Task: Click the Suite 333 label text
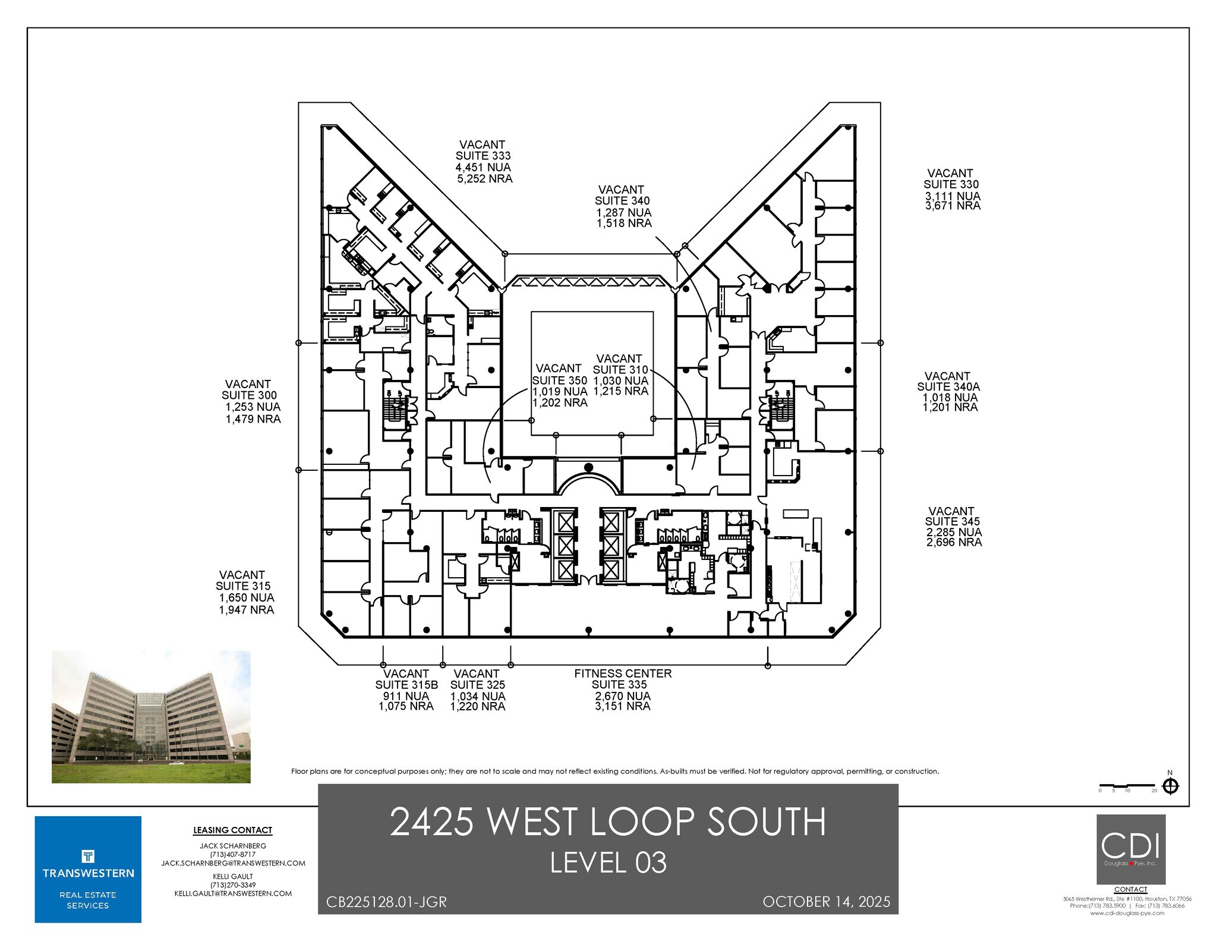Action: (x=483, y=156)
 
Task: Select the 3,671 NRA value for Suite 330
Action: (x=953, y=206)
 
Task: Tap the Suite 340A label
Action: (x=948, y=387)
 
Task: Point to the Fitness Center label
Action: (x=622, y=674)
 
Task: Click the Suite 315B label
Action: (x=406, y=685)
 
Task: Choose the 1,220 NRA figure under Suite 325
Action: (x=477, y=707)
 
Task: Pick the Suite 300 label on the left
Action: (x=249, y=395)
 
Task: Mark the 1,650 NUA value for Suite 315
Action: (x=246, y=598)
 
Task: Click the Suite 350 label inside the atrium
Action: (x=559, y=380)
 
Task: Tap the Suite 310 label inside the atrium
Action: (x=620, y=370)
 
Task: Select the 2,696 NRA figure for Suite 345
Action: (x=954, y=542)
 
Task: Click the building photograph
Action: (x=151, y=716)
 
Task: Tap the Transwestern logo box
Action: (x=88, y=869)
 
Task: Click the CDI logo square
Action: (x=1130, y=849)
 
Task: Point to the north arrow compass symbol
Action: (x=1170, y=786)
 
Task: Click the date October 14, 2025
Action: (x=826, y=902)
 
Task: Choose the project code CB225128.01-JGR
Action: (x=386, y=902)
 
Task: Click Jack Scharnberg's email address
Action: (x=233, y=863)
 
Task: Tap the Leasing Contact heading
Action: (x=232, y=830)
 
